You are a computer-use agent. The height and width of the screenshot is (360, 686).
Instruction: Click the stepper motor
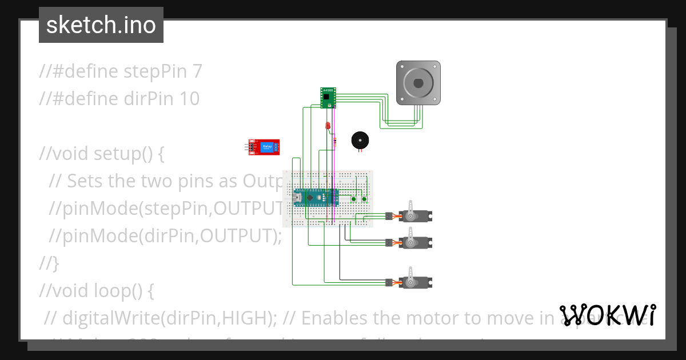click(418, 83)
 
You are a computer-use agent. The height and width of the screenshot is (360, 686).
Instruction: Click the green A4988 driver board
click(328, 97)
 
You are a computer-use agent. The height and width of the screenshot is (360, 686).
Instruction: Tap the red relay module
click(265, 147)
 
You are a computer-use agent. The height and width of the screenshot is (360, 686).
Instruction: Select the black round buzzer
click(360, 141)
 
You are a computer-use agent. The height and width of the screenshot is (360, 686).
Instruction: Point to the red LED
click(328, 125)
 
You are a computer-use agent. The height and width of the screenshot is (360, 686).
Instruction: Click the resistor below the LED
click(334, 141)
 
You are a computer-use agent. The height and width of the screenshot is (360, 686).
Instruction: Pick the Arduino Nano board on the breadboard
click(314, 198)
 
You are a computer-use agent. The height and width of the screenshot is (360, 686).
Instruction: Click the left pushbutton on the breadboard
click(354, 199)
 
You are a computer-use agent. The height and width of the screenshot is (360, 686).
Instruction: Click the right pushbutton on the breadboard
click(364, 199)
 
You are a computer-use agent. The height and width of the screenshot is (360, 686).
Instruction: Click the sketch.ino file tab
click(101, 25)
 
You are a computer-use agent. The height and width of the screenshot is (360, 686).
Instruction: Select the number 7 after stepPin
click(197, 71)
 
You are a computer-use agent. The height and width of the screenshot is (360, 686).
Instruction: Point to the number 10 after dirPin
click(189, 99)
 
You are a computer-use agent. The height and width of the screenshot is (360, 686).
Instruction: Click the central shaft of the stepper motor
click(418, 82)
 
